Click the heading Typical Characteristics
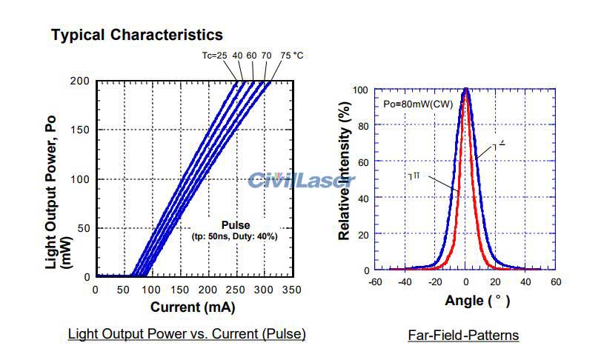(136, 35)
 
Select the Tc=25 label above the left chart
(215, 56)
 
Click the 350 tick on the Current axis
(291, 290)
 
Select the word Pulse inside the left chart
(236, 225)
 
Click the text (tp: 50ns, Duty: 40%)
(236, 236)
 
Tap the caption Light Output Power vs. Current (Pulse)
(187, 334)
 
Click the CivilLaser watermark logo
(301, 180)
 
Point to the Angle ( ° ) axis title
(477, 301)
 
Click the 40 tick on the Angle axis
(525, 282)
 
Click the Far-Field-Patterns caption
(463, 336)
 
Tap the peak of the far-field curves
(466, 90)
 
